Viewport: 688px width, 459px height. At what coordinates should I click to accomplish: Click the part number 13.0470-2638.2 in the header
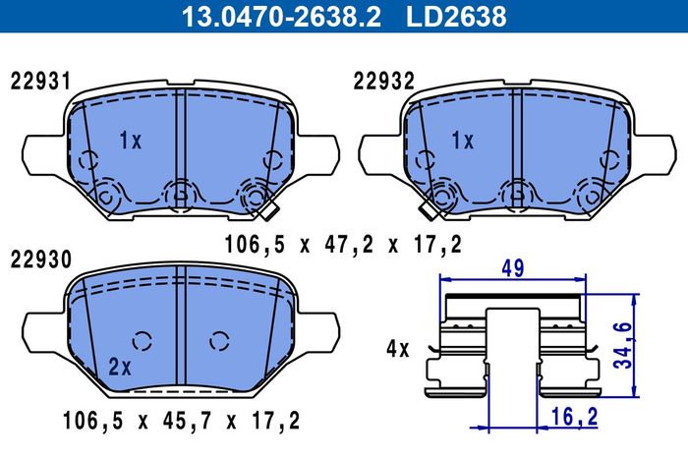(x=281, y=17)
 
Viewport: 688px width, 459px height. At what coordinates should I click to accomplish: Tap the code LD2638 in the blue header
(x=456, y=17)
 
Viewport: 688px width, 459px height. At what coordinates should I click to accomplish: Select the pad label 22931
(x=40, y=82)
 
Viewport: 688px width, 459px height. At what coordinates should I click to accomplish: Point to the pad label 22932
(x=384, y=82)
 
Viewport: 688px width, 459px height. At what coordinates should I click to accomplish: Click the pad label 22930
(x=40, y=259)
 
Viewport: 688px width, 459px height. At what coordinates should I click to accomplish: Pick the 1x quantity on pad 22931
(x=131, y=141)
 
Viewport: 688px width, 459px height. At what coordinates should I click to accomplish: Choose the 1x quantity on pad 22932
(x=463, y=141)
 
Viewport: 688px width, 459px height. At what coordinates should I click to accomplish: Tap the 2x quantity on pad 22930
(x=119, y=367)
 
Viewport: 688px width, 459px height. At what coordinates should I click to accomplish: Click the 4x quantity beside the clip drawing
(x=397, y=349)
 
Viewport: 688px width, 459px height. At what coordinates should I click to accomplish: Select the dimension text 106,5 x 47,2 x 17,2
(x=343, y=245)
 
